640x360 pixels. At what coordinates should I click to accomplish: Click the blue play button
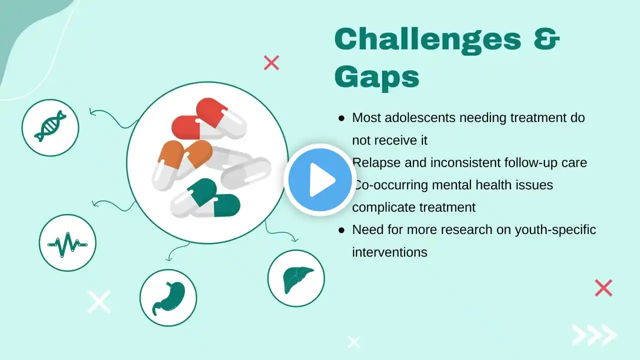point(320,179)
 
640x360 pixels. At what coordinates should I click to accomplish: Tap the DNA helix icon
point(50,126)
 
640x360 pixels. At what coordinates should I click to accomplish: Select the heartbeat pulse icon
point(67,244)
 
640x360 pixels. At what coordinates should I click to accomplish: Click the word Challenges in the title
point(428,40)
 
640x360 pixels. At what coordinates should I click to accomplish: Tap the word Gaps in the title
point(377,77)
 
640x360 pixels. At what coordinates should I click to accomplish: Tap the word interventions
point(389,252)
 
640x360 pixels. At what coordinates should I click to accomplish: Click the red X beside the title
point(271,63)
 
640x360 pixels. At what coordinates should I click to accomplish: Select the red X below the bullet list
point(603,287)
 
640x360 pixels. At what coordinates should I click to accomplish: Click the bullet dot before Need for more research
point(341,230)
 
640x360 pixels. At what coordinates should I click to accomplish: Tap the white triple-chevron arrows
point(594,335)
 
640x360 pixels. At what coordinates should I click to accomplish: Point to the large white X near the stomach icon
point(99,302)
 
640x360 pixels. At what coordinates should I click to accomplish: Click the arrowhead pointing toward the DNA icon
point(92,111)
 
